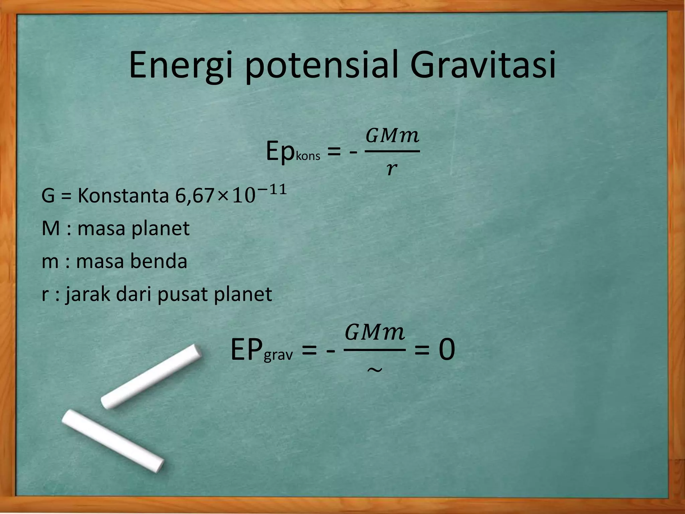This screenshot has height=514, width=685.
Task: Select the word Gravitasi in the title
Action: pos(483,66)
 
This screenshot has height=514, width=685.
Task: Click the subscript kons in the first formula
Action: pos(308,156)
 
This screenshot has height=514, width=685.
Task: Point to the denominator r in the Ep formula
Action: pos(391,169)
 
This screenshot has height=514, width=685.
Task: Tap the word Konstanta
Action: pos(123,196)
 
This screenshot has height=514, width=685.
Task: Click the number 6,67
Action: pos(194,196)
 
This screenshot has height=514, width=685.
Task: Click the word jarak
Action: pos(88,294)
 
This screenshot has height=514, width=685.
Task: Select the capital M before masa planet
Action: pos(51,229)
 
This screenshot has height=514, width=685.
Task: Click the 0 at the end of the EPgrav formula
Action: pos(447,350)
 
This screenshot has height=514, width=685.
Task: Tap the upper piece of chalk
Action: pos(151,376)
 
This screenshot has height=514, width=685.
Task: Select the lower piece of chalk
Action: pos(113,441)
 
